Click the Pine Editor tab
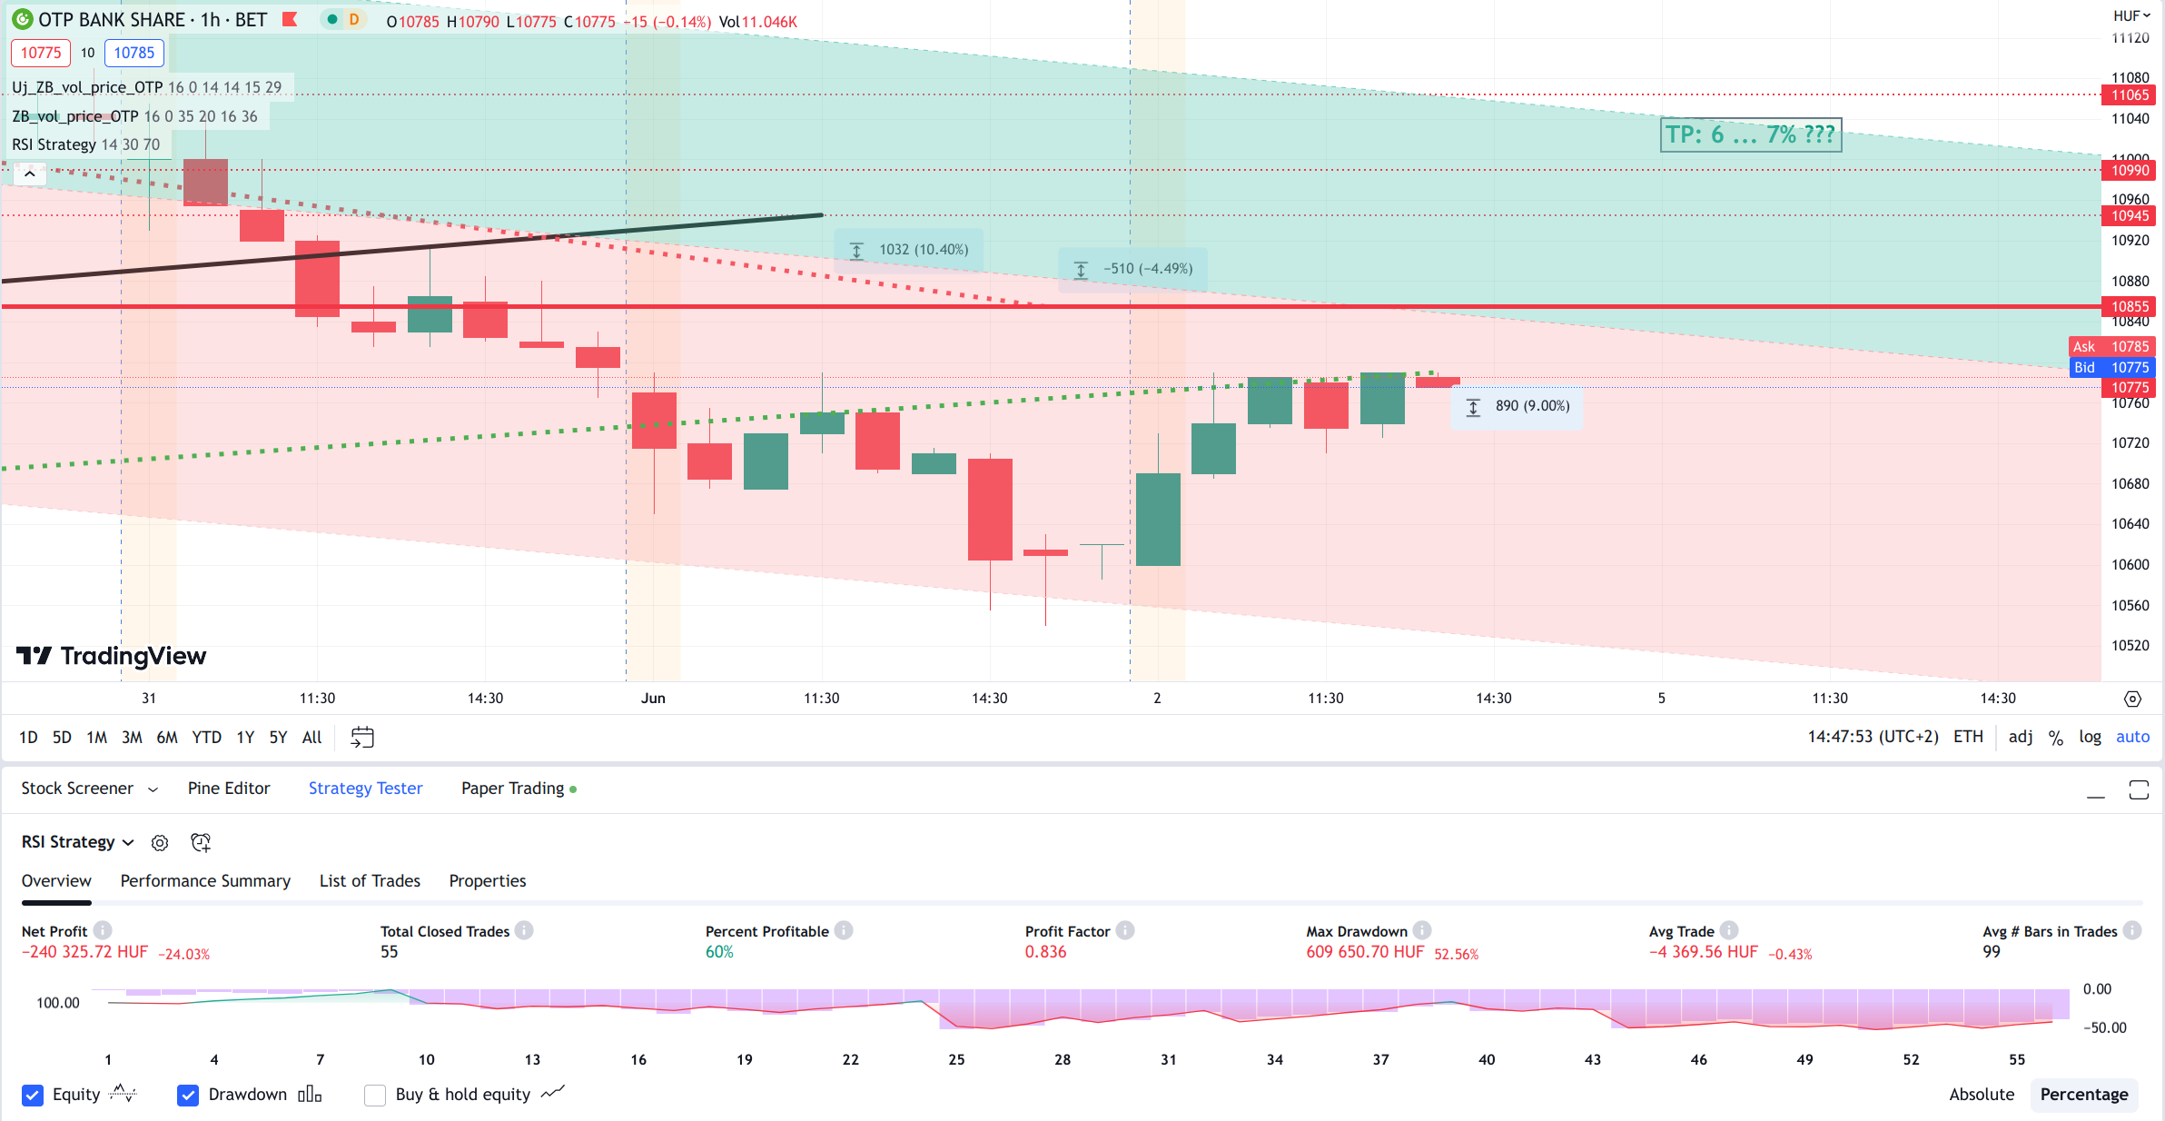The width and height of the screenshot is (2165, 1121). coord(229,789)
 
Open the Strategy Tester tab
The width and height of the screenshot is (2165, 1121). coord(365,789)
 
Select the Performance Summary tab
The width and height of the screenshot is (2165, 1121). coord(205,881)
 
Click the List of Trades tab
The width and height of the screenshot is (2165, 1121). coord(370,881)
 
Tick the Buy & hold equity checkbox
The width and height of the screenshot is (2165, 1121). coord(375,1095)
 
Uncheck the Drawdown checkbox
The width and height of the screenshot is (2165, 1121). coord(188,1095)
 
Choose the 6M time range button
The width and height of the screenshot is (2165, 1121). coord(167,738)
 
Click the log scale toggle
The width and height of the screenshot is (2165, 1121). coord(2090,738)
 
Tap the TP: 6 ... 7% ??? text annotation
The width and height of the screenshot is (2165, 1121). coord(1750,134)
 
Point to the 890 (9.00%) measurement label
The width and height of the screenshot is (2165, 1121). coord(1518,406)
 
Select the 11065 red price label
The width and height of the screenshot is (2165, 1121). coord(2130,95)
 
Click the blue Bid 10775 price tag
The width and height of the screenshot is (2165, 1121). coord(2111,368)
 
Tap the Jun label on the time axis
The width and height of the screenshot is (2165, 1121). coord(653,699)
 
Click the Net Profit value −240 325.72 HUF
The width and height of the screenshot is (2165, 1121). coord(84,952)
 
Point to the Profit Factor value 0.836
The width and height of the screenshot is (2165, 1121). coord(1045,952)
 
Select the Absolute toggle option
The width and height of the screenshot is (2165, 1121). coord(1982,1095)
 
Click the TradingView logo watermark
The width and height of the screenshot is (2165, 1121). coord(112,656)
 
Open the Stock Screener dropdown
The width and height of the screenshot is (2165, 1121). coord(89,789)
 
